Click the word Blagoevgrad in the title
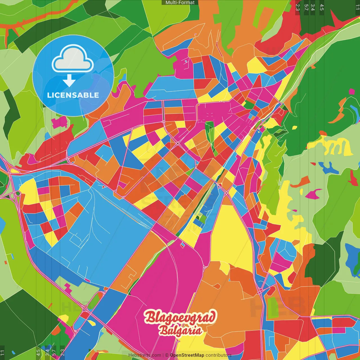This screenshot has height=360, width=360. [x=180, y=317]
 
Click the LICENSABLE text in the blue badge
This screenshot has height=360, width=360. [x=73, y=95]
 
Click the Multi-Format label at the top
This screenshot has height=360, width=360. [x=180, y=3]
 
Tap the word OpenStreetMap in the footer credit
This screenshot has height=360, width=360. [x=187, y=355]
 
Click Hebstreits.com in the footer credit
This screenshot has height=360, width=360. [x=145, y=355]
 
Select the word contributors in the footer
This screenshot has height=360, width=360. [x=218, y=355]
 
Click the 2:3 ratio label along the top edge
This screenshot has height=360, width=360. [x=298, y=7]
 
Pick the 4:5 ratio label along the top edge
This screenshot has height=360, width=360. [x=322, y=7]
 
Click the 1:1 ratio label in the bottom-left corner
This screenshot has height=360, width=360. [x=3, y=352]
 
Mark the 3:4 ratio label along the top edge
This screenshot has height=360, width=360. [x=313, y=7]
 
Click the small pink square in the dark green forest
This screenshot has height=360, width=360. [x=352, y=92]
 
